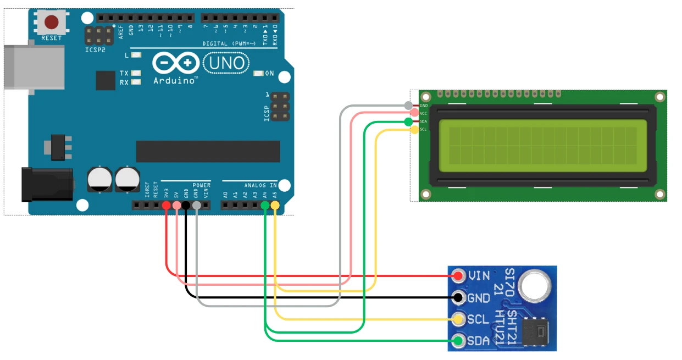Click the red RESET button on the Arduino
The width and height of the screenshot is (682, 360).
pyautogui.click(x=52, y=23)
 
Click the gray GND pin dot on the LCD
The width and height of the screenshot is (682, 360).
pyautogui.click(x=408, y=105)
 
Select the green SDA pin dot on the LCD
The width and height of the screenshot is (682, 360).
pyautogui.click(x=408, y=121)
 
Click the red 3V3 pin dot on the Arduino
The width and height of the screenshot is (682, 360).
pyautogui.click(x=167, y=206)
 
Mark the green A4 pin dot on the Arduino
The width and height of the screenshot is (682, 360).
pyautogui.click(x=265, y=206)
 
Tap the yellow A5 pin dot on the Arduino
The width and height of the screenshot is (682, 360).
pyautogui.click(x=275, y=206)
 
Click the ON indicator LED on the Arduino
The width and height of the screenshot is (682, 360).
pyautogui.click(x=258, y=73)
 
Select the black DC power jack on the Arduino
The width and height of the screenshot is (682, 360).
pyautogui.click(x=47, y=184)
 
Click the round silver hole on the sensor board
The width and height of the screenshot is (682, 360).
pyautogui.click(x=535, y=286)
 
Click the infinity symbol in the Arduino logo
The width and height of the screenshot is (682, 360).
pyautogui.click(x=176, y=63)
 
